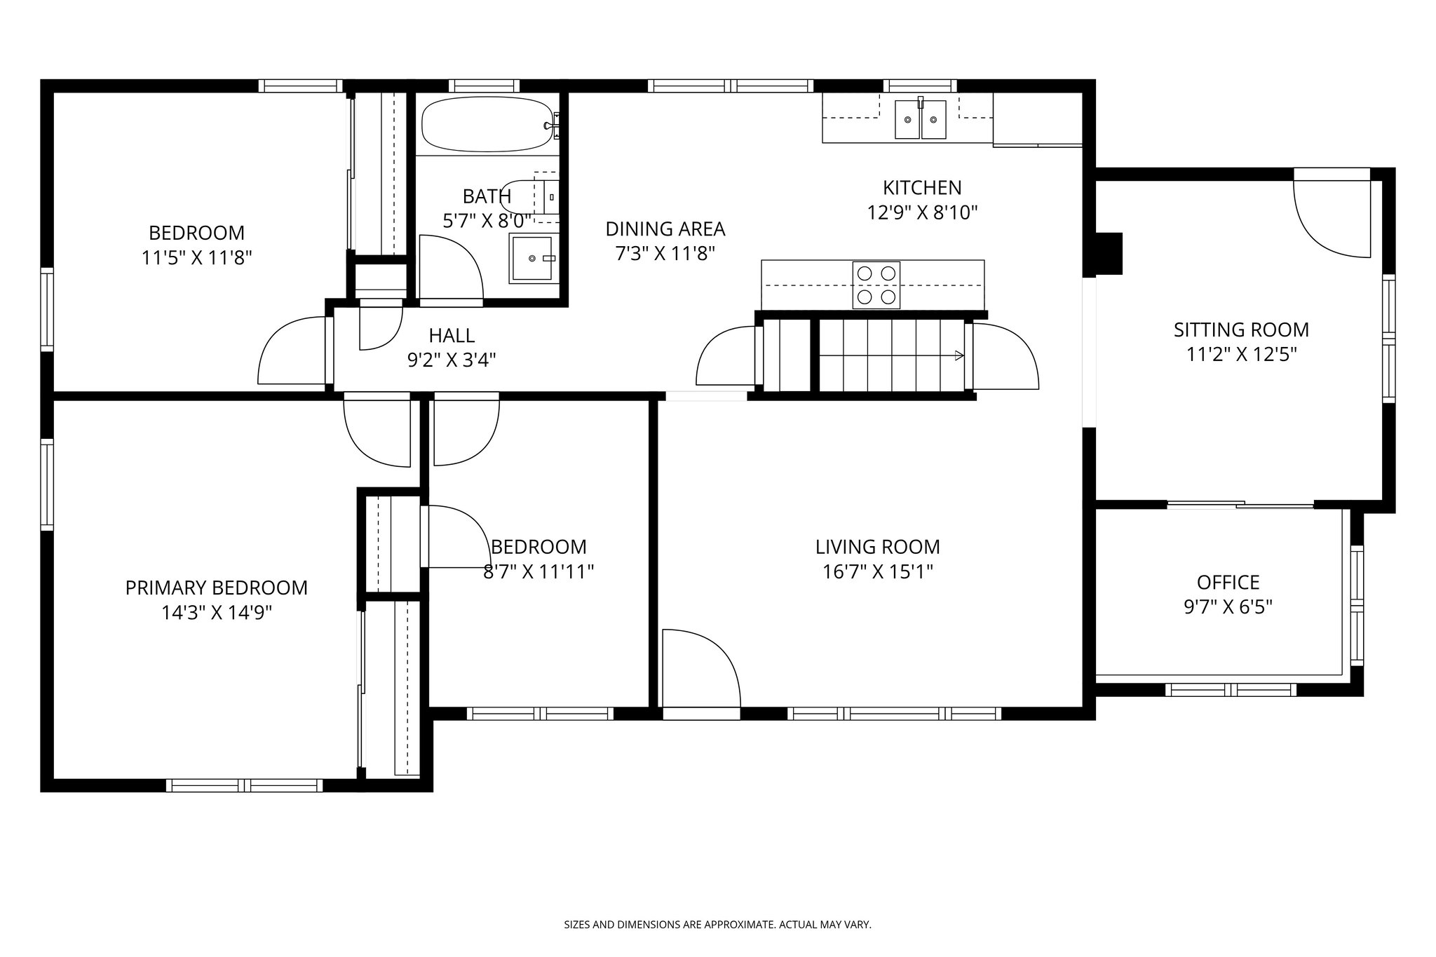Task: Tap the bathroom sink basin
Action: tap(532, 259)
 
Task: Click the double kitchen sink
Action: tap(920, 120)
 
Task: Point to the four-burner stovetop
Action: tap(876, 285)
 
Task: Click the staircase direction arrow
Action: tap(957, 356)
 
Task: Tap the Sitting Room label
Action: tap(1241, 330)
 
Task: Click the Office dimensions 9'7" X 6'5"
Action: tap(1228, 606)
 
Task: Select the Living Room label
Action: tap(877, 547)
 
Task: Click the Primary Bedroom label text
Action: tap(216, 588)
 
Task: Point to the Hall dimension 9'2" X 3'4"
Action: tap(452, 360)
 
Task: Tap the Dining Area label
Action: tap(665, 229)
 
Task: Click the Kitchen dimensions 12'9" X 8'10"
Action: tap(922, 212)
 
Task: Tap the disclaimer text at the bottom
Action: tap(717, 925)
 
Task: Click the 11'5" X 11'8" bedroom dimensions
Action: tap(196, 258)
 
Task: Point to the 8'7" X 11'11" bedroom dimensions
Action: tap(538, 572)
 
